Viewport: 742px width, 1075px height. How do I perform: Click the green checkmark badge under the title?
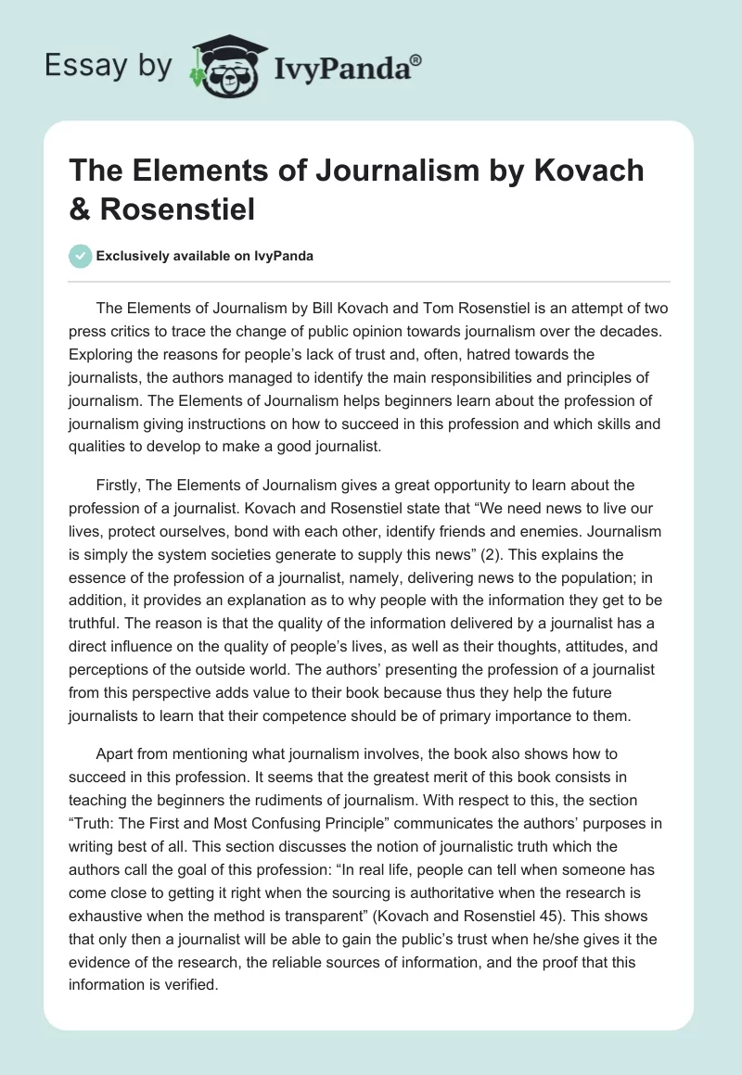click(x=80, y=256)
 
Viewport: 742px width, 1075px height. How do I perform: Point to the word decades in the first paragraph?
click(x=626, y=331)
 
